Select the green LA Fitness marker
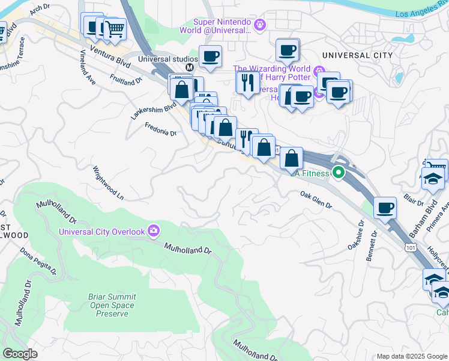pyautogui.click(x=339, y=173)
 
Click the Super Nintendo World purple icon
pyautogui.click(x=259, y=25)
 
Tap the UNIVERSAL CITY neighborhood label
pyautogui.click(x=357, y=55)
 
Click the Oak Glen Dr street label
pyautogui.click(x=316, y=200)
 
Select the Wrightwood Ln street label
pyautogui.click(x=107, y=184)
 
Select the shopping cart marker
pyautogui.click(x=115, y=28)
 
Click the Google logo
pyautogui.click(x=20, y=354)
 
